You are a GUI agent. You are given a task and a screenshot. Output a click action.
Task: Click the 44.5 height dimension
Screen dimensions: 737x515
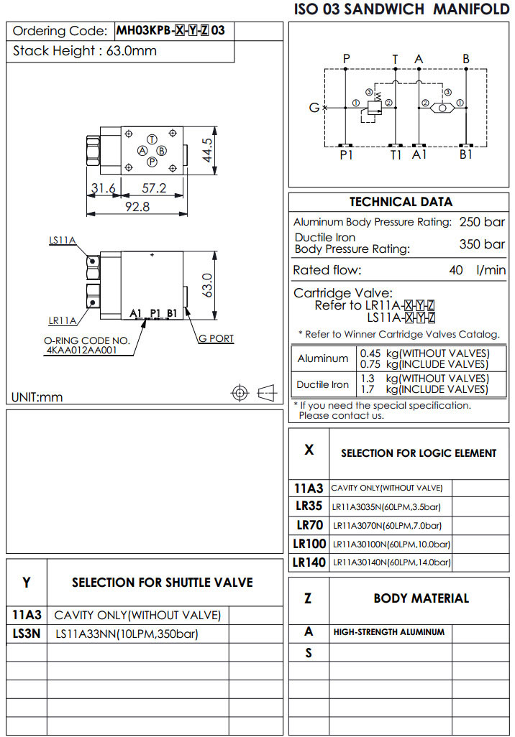[208, 150]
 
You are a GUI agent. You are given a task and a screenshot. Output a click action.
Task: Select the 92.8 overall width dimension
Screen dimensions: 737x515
[137, 207]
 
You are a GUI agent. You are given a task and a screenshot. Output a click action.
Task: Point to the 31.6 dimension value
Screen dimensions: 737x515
[103, 188]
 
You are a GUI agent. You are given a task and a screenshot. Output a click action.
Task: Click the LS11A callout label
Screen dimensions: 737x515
[63, 241]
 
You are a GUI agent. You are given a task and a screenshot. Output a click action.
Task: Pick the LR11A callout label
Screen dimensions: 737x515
[63, 320]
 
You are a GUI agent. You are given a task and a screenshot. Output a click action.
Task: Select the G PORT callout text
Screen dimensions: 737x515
[216, 338]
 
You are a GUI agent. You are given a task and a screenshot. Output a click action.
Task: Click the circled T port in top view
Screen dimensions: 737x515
[152, 139]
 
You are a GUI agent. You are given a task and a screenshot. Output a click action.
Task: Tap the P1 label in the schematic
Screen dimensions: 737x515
[347, 154]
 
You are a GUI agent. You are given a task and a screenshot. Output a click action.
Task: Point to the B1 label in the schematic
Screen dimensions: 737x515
[466, 154]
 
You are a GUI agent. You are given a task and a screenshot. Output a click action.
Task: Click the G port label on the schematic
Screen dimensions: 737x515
[314, 108]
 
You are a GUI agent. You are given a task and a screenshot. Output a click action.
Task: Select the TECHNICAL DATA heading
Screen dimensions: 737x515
[401, 202]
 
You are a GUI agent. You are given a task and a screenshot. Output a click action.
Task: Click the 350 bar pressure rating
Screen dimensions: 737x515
[482, 244]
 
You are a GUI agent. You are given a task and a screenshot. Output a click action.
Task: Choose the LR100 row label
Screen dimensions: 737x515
[309, 543]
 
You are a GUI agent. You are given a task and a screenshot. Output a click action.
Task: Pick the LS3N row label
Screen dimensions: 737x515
[27, 634]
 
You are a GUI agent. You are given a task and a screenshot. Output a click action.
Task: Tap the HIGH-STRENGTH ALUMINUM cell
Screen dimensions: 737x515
[389, 632]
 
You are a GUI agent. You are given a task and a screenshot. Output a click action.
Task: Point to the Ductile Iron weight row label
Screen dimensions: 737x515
[323, 384]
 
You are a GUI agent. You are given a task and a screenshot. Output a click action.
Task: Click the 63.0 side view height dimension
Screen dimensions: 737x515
[206, 286]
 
